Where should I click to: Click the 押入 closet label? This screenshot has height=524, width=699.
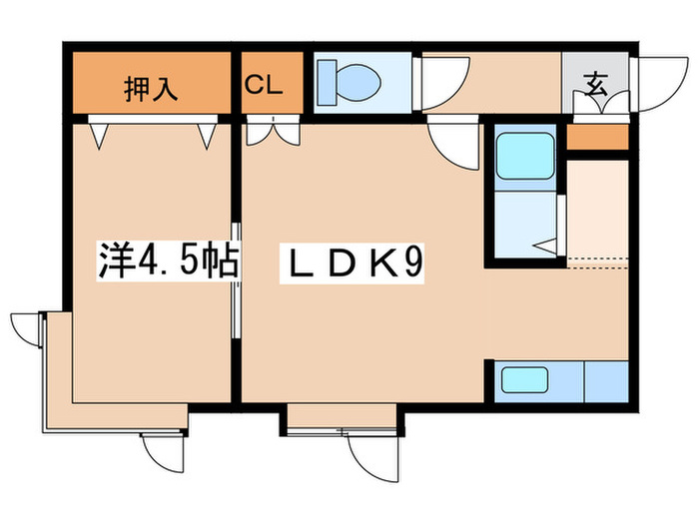(x=152, y=88)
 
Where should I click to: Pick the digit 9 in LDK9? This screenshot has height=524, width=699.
(x=415, y=263)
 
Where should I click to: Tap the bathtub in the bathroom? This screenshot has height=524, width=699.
(x=526, y=156)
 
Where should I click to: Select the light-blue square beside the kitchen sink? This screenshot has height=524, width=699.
(x=605, y=380)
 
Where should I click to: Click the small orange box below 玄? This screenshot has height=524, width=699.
(x=597, y=137)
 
